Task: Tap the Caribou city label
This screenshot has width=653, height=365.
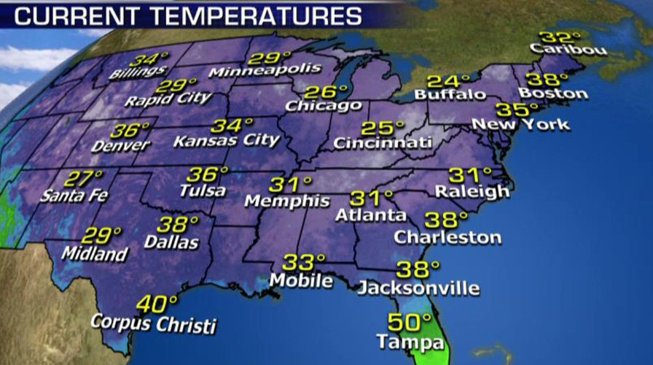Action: (x=558, y=50)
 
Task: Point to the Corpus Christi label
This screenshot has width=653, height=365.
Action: (x=154, y=321)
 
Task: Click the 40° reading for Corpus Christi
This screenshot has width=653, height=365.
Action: (x=156, y=302)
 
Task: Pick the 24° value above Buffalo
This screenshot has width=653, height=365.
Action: (x=444, y=81)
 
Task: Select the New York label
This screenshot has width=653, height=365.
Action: (x=520, y=125)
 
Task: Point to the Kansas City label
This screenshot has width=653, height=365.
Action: (x=226, y=139)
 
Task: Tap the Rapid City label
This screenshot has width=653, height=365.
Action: (x=168, y=99)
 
